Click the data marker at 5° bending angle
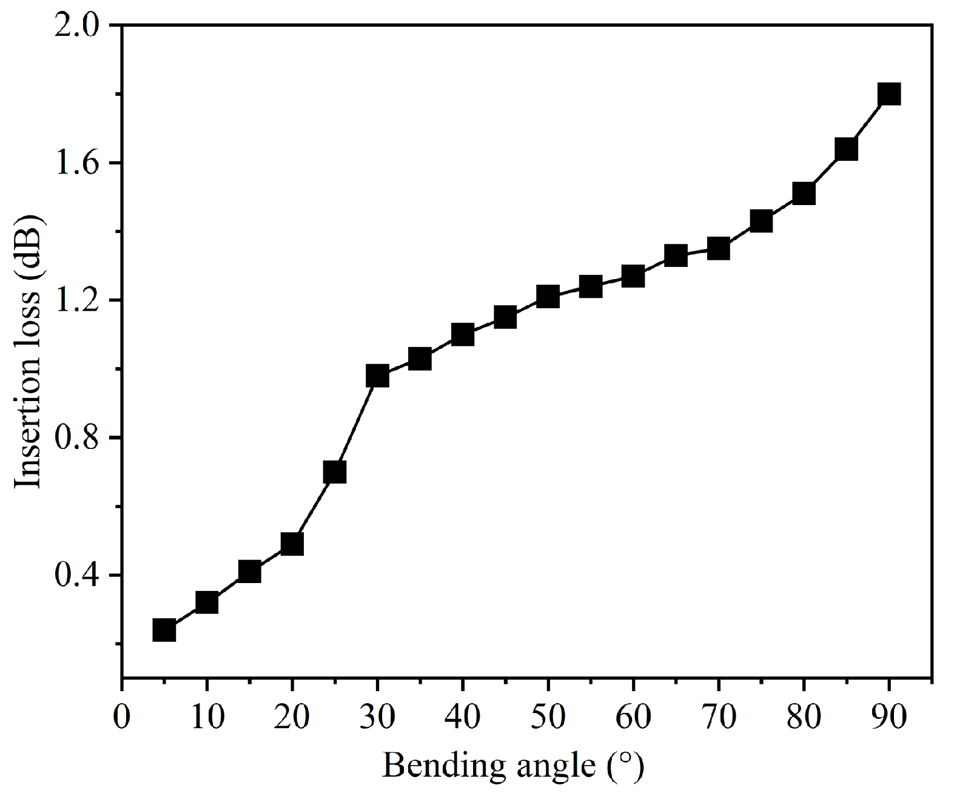tap(164, 630)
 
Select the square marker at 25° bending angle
tap(335, 471)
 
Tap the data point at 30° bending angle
tap(377, 376)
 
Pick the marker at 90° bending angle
tap(889, 94)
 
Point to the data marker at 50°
tap(548, 297)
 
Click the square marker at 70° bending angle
tap(718, 248)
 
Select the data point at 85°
tap(846, 149)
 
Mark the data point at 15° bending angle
tap(249, 572)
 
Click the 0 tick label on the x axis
tap(123, 717)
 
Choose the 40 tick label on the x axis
tap(463, 717)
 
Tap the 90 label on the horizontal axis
tap(889, 717)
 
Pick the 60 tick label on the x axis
tap(633, 717)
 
